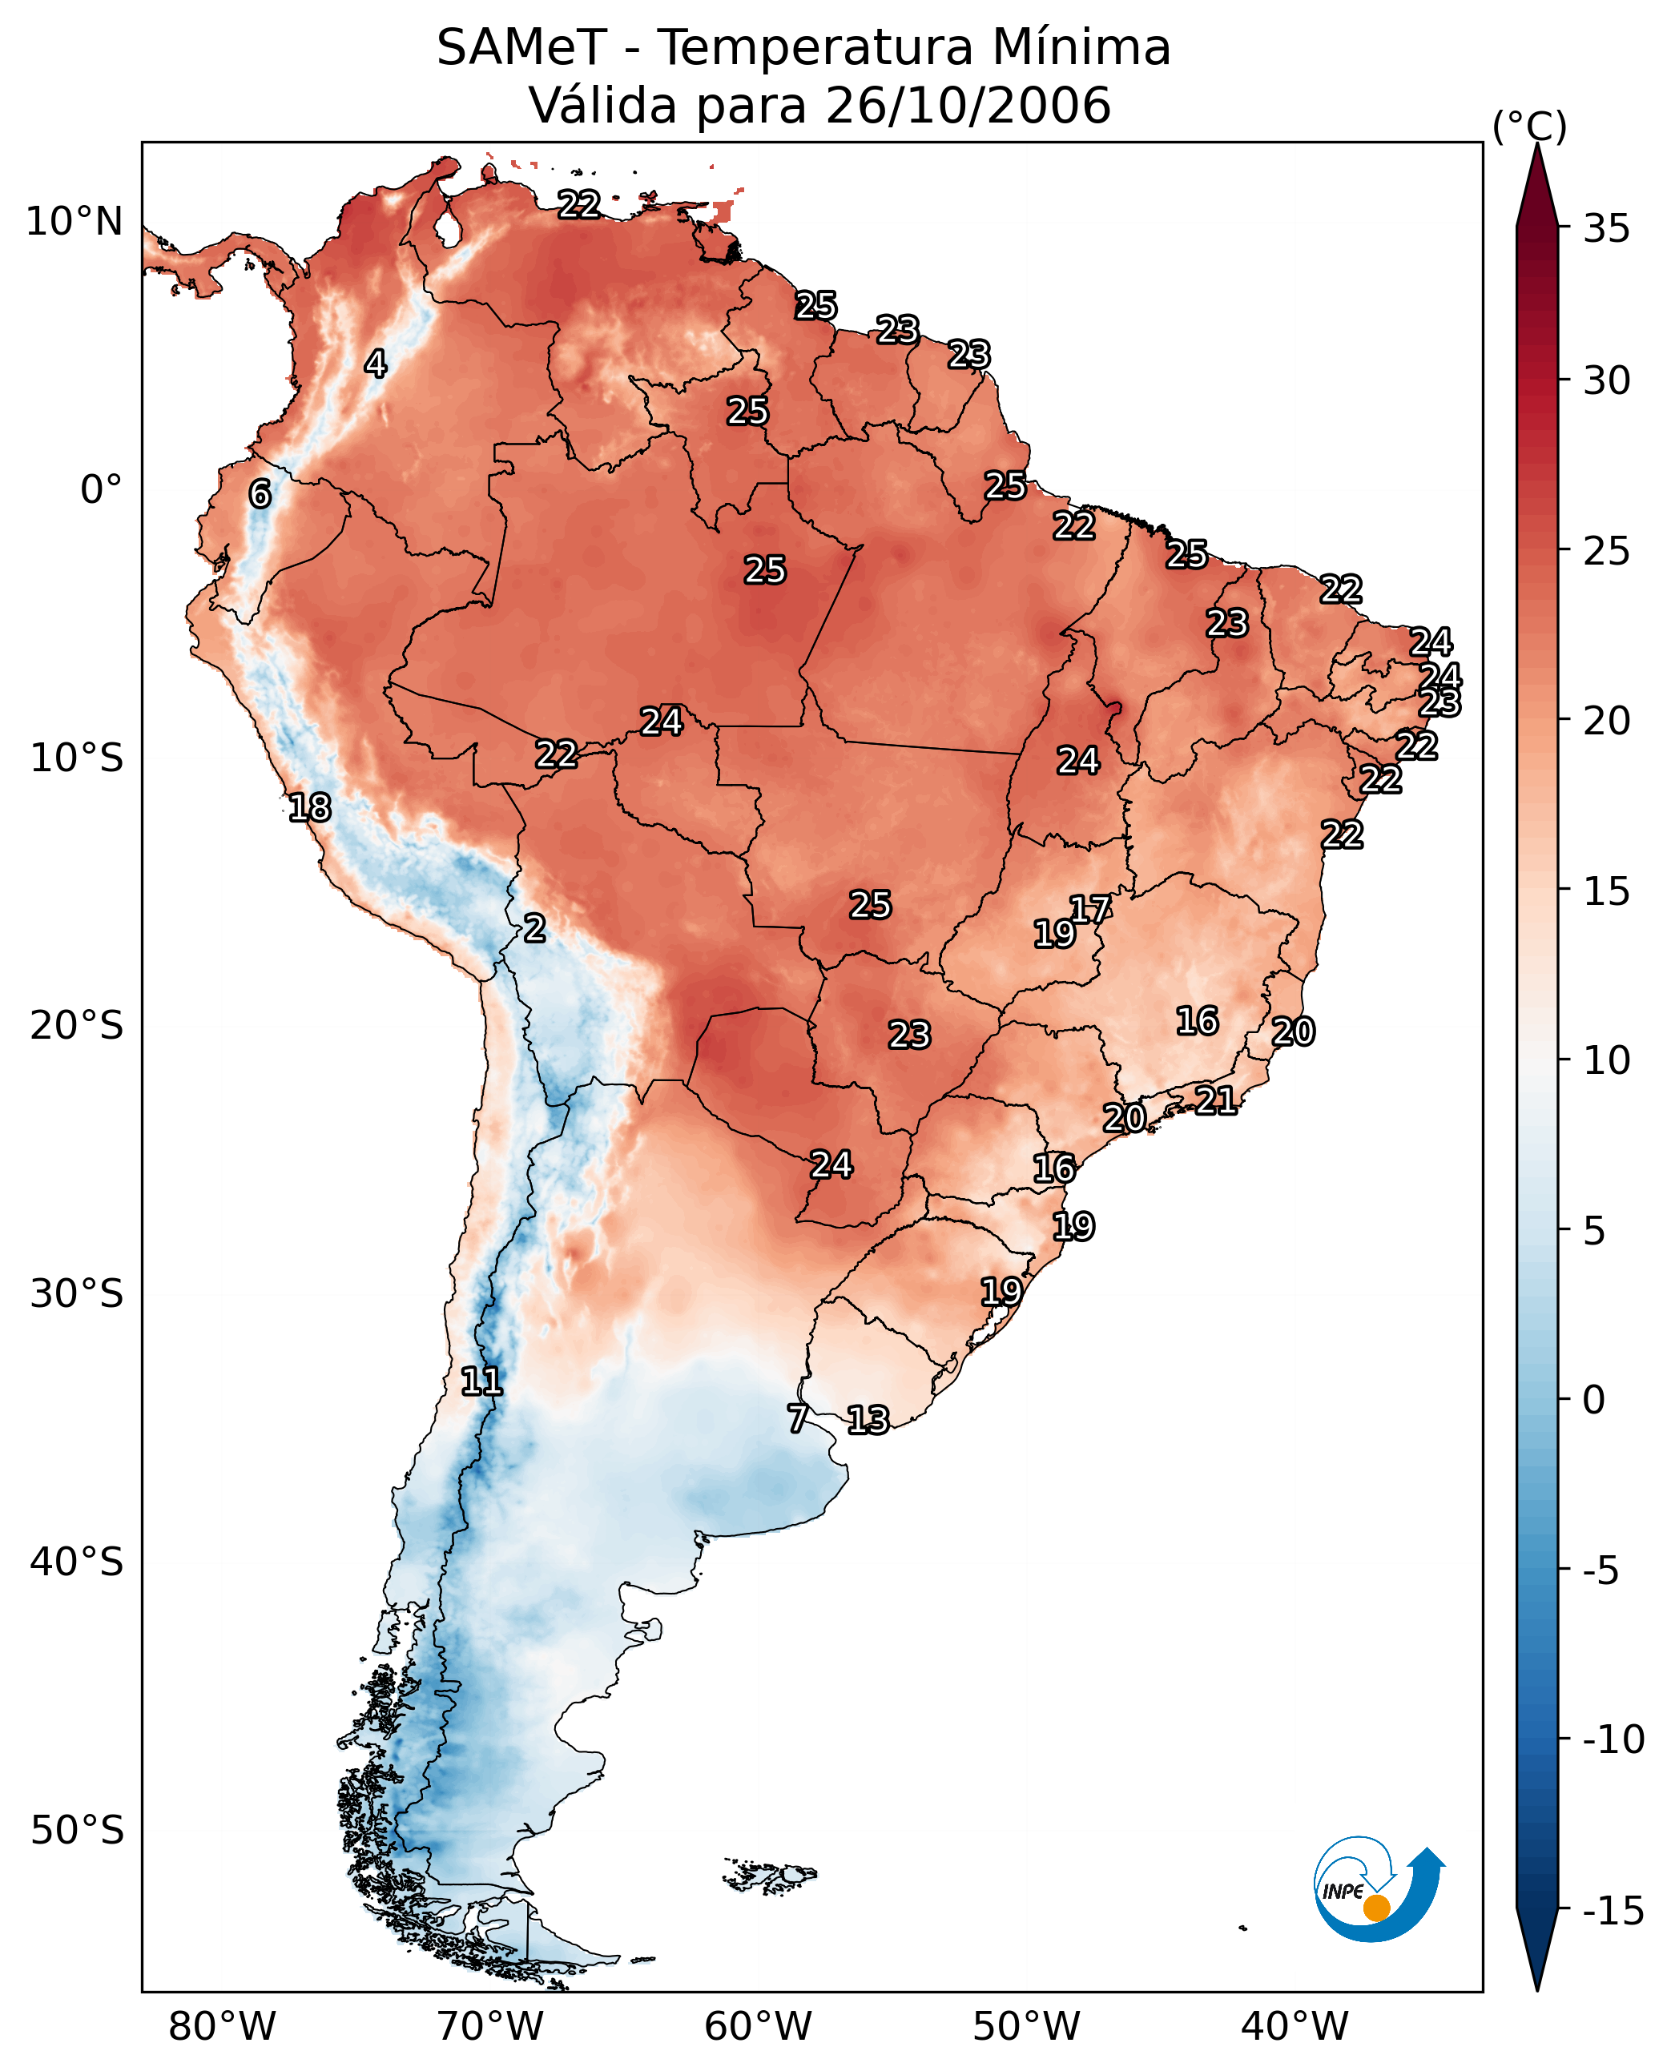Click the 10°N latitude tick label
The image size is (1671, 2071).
tap(74, 223)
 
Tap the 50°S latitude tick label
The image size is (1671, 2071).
tap(77, 1829)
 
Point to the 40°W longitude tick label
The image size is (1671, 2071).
tap(1295, 2027)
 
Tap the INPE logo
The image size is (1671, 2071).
tap(1378, 1889)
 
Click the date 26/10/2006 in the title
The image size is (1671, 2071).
tap(968, 106)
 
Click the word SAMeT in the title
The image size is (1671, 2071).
tap(521, 48)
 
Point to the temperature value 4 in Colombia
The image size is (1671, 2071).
tap(376, 364)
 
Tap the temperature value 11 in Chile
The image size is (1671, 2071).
tap(481, 1382)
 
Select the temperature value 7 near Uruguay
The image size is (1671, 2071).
tap(797, 1418)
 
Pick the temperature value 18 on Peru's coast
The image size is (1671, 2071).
tap(310, 807)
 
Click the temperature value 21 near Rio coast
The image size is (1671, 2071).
tap(1216, 1100)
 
